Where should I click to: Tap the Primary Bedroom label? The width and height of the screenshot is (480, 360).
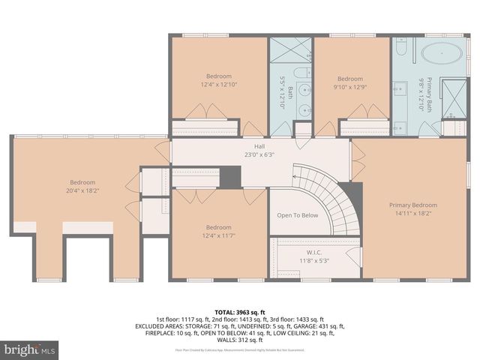412,205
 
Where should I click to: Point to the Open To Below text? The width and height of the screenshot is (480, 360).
298,215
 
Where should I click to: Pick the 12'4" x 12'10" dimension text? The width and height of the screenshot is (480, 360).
219,85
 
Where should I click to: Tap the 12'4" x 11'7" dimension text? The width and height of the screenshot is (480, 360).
219,237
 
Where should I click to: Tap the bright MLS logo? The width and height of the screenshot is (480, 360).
30,349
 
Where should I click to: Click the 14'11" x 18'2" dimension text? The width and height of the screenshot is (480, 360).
412,214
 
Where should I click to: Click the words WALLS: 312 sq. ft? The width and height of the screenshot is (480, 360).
240,341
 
